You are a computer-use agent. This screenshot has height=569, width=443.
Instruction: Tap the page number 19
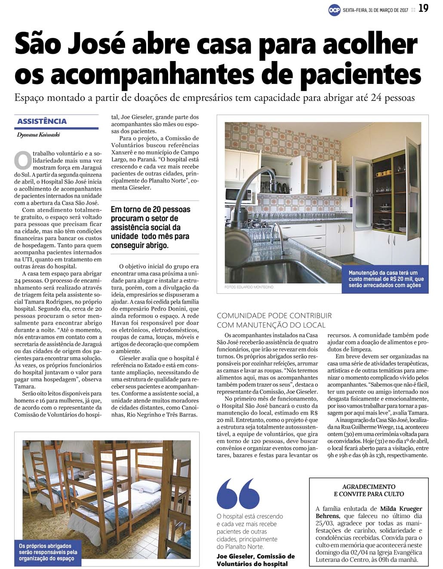tap(423, 8)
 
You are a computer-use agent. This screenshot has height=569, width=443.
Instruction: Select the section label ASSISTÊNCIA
tap(42, 121)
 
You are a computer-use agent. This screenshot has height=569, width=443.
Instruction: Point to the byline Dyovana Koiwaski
tap(38, 135)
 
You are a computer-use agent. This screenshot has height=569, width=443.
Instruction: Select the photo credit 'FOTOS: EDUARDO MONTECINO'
tap(249, 287)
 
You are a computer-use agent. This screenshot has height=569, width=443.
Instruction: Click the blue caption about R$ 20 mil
tap(385, 279)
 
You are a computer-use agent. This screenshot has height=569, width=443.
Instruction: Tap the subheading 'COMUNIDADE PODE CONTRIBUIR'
tap(274, 316)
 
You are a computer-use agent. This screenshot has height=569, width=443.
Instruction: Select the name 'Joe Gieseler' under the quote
tap(236, 556)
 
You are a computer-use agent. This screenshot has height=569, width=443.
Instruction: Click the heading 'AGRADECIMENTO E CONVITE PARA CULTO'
tap(369, 490)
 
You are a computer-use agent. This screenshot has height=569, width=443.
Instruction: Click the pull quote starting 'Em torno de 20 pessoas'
tap(151, 227)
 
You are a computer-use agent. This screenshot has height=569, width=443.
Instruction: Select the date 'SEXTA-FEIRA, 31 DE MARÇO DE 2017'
tap(375, 10)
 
